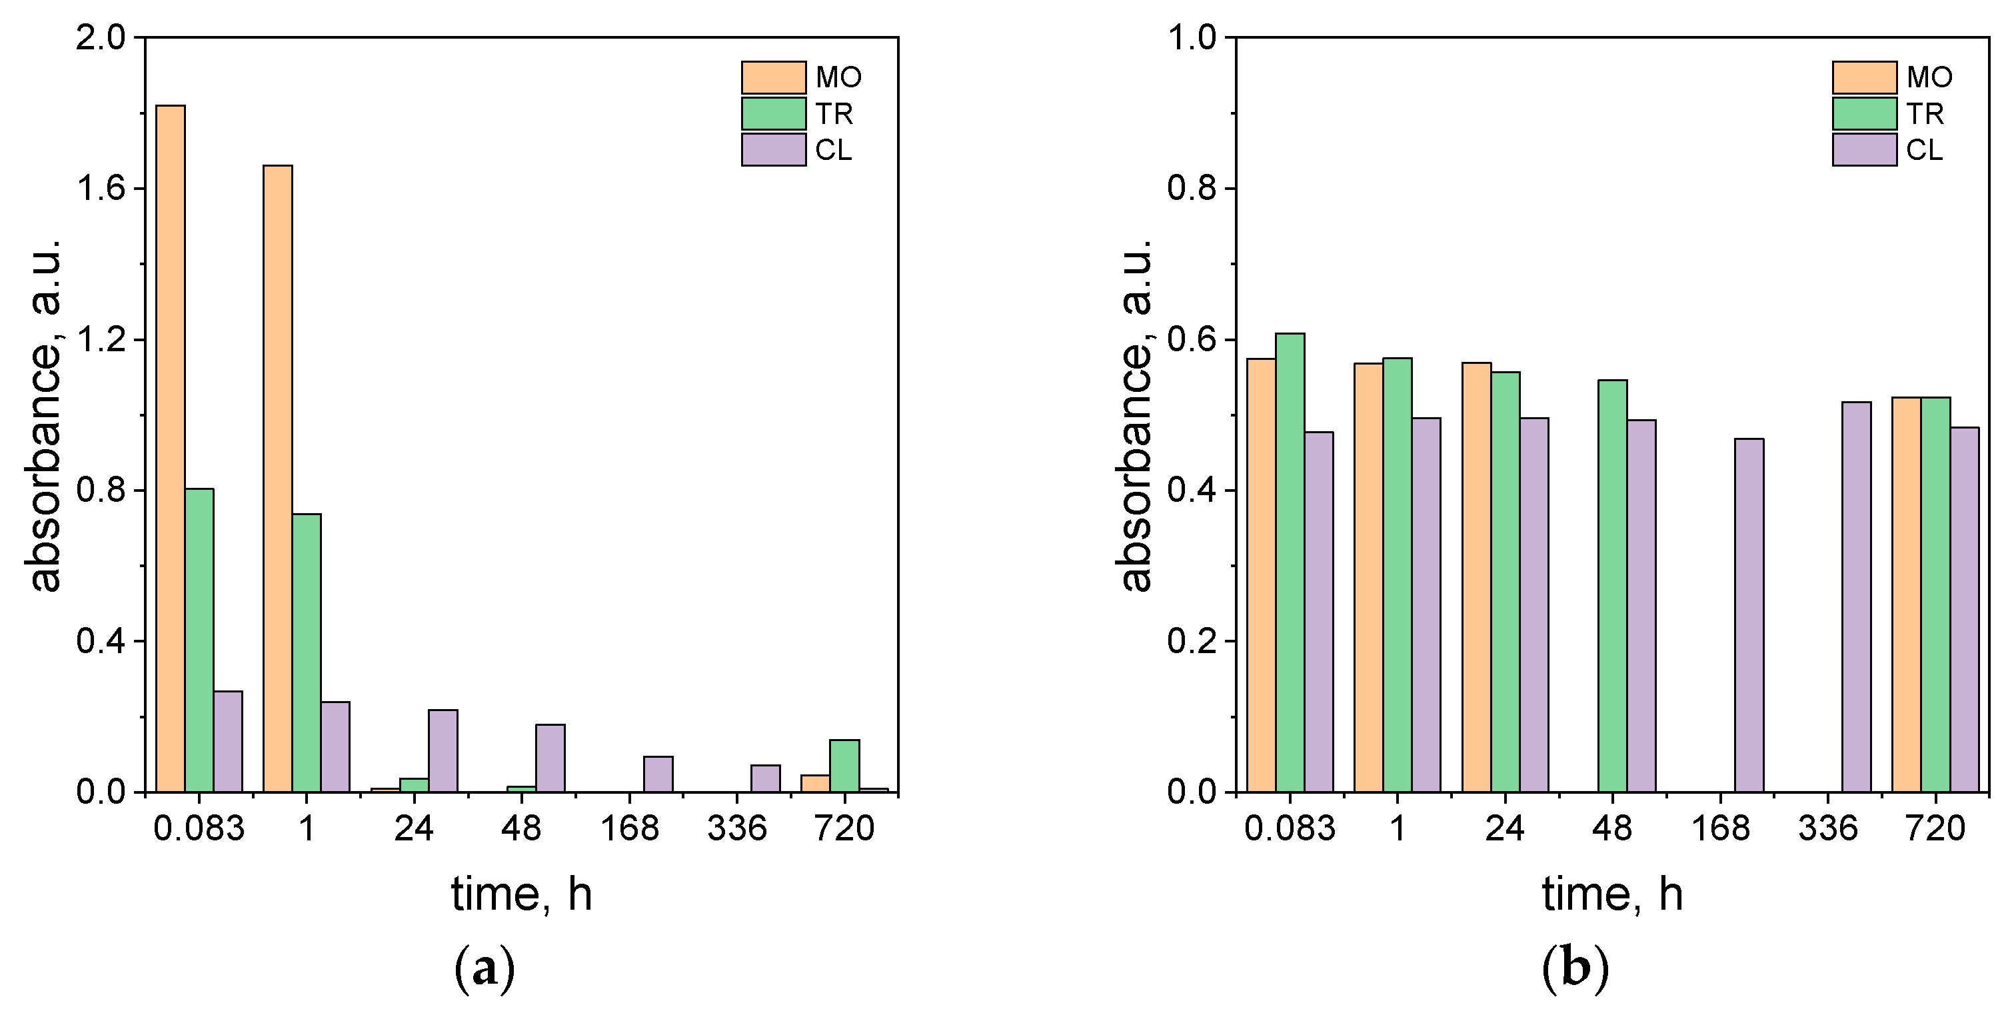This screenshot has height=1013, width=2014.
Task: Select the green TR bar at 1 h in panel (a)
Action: pyautogui.click(x=307, y=652)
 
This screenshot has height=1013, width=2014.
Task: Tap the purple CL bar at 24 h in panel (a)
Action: pyautogui.click(x=443, y=750)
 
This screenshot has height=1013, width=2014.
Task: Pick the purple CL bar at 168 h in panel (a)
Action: pyautogui.click(x=658, y=774)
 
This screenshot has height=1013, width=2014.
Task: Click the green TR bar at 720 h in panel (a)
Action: pyautogui.click(x=844, y=765)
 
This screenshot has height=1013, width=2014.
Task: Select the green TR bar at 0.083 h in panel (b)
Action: pyautogui.click(x=1290, y=562)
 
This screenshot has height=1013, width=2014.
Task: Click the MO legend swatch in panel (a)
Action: pyautogui.click(x=773, y=77)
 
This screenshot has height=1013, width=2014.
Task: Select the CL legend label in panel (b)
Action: pyautogui.click(x=1924, y=150)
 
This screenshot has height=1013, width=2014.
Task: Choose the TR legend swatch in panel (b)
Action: pyautogui.click(x=1864, y=113)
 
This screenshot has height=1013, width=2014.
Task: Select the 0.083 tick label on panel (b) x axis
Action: pyautogui.click(x=1290, y=828)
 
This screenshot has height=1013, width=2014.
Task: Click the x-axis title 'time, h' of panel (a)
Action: pyautogui.click(x=521, y=894)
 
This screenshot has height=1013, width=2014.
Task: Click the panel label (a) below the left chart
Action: pyautogui.click(x=485, y=968)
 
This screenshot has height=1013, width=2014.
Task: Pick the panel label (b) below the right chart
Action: pyautogui.click(x=1575, y=968)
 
